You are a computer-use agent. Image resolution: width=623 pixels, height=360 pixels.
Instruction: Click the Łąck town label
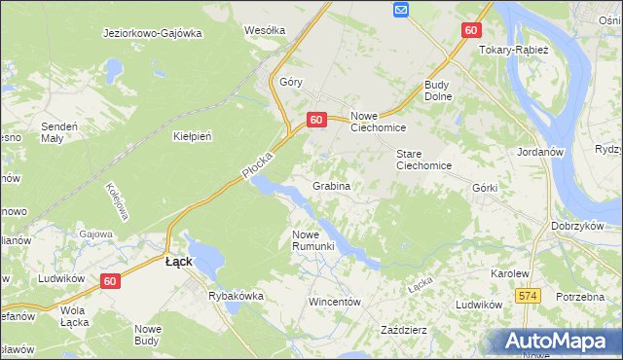pos(178,262)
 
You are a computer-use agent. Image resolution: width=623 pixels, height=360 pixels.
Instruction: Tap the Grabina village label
pos(331,185)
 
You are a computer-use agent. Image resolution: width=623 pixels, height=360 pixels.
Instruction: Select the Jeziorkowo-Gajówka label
pos(152,32)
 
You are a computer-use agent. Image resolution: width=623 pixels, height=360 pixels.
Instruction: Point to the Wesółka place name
pos(265,30)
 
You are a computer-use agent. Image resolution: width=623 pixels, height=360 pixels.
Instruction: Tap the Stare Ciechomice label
pos(423,160)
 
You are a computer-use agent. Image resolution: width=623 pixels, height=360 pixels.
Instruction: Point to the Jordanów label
pos(543,152)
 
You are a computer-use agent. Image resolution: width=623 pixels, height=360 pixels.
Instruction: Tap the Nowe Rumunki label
pos(313,239)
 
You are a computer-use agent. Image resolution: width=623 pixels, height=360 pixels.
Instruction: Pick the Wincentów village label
pos(335,302)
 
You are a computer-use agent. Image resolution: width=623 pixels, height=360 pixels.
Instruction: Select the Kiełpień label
pos(192,136)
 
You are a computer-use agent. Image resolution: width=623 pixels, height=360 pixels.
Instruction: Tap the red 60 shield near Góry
pos(315,120)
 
